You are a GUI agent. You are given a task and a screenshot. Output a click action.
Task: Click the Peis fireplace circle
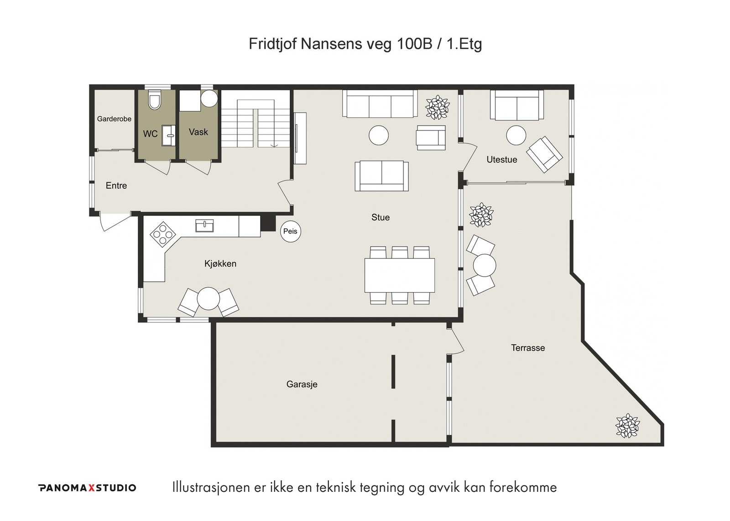291,232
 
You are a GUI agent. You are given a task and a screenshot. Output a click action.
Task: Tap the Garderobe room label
114,119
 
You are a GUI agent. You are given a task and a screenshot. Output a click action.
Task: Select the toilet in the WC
153,100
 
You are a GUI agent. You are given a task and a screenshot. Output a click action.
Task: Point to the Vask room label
198,132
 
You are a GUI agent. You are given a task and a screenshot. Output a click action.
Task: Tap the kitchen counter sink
205,225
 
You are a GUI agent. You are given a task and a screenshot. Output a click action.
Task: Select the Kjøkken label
220,264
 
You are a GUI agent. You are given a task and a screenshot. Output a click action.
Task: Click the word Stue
381,217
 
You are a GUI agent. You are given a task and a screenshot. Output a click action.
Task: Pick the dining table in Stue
400,275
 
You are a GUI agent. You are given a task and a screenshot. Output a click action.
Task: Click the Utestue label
502,160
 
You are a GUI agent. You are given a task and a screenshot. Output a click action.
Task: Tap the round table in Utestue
516,135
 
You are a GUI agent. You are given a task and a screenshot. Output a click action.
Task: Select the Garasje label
302,384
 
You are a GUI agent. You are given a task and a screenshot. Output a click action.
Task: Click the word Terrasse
528,348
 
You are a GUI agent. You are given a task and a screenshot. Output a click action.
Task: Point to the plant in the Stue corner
438,107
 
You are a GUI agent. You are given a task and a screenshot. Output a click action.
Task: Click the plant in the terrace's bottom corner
627,426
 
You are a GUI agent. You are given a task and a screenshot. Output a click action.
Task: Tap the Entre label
116,186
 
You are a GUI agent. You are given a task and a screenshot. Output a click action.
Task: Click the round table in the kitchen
208,299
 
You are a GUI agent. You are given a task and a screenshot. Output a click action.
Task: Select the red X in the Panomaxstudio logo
92,488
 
